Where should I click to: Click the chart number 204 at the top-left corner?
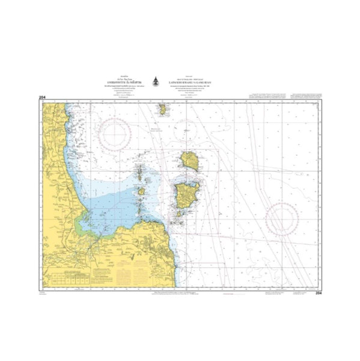click(41, 97)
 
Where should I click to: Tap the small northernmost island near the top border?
click(163, 110)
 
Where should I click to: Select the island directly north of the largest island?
click(191, 161)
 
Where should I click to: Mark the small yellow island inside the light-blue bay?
click(141, 192)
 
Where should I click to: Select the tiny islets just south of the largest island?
click(178, 215)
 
